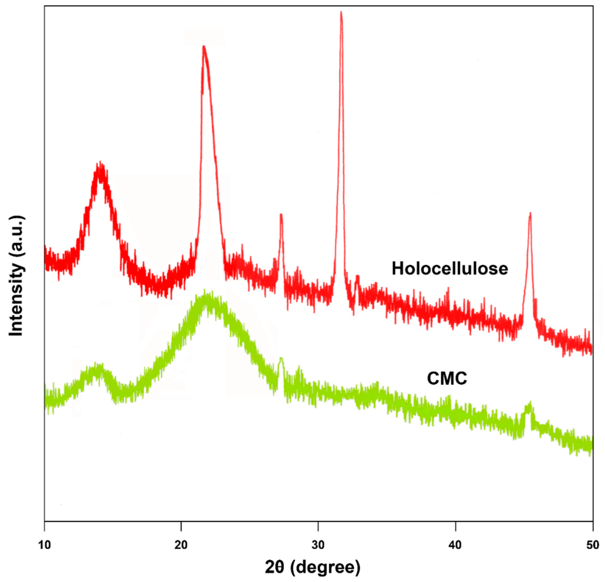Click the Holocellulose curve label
point(450,269)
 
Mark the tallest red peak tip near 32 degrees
point(341,12)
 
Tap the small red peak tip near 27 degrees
point(281,215)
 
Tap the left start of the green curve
point(45,398)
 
